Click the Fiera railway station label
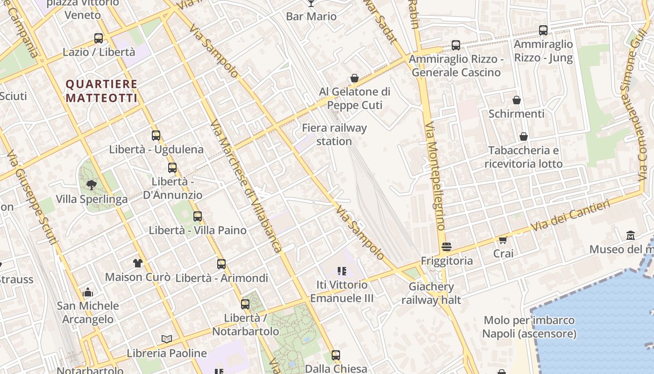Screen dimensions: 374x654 (x=334, y=135)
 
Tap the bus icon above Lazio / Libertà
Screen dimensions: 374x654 (x=99, y=38)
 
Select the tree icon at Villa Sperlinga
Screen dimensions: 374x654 (x=92, y=185)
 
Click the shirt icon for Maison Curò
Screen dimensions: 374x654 (x=137, y=263)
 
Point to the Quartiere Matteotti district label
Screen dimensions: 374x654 (x=101, y=91)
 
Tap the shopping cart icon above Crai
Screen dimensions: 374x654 (x=503, y=240)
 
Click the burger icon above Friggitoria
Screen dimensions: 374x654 (x=447, y=246)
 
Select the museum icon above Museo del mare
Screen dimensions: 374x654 (x=631, y=235)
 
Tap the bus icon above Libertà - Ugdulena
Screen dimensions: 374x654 (x=156, y=136)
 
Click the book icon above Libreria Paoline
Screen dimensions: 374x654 (x=166, y=339)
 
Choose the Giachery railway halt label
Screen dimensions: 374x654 (x=431, y=293)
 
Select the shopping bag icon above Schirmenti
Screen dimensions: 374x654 (x=517, y=100)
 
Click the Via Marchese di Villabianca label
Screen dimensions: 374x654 (x=246, y=187)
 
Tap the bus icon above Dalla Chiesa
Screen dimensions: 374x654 (x=335, y=355)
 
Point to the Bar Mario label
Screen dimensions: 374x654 (x=311, y=16)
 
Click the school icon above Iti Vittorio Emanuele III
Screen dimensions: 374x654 (x=341, y=271)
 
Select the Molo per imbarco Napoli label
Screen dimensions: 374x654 (x=529, y=327)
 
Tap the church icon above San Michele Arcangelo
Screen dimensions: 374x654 (x=88, y=293)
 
